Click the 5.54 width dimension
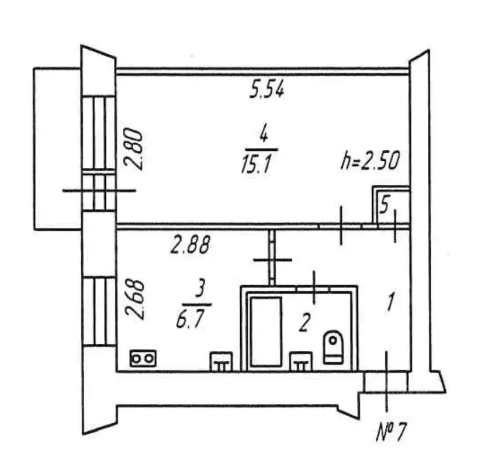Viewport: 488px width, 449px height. [x=267, y=91]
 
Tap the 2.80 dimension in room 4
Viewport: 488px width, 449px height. [x=133, y=150]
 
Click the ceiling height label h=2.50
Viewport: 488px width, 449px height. [x=371, y=161]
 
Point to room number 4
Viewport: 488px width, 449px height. [x=264, y=136]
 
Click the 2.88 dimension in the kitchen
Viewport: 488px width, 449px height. [x=190, y=244]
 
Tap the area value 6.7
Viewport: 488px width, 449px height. [x=190, y=319]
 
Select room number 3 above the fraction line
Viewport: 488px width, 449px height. [x=200, y=289]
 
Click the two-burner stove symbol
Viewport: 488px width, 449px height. [x=143, y=358]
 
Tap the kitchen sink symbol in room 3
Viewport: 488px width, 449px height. [x=221, y=361]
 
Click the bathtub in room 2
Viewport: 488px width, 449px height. [x=266, y=331]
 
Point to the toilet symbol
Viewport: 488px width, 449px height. [x=333, y=347]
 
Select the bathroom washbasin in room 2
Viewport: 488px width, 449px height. [x=300, y=361]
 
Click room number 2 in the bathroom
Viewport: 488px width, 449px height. [x=304, y=323]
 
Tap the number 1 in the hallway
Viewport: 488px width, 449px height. [x=390, y=302]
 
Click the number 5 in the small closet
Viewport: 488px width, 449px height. [x=385, y=206]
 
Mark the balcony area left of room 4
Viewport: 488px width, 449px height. [x=57, y=149]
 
